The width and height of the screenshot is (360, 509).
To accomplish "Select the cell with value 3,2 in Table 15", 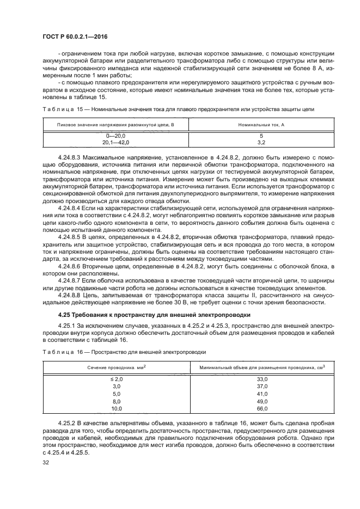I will [261, 142].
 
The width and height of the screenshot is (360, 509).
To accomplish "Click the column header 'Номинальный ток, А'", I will [261, 125].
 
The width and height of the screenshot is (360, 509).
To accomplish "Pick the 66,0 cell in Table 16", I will [262, 408].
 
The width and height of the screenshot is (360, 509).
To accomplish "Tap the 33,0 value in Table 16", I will [262, 379].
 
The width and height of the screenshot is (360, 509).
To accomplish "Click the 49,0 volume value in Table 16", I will [262, 401].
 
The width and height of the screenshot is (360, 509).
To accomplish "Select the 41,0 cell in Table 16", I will [262, 393].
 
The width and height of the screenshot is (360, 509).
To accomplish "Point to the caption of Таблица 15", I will [178, 109].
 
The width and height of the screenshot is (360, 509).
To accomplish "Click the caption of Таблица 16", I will [124, 352].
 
